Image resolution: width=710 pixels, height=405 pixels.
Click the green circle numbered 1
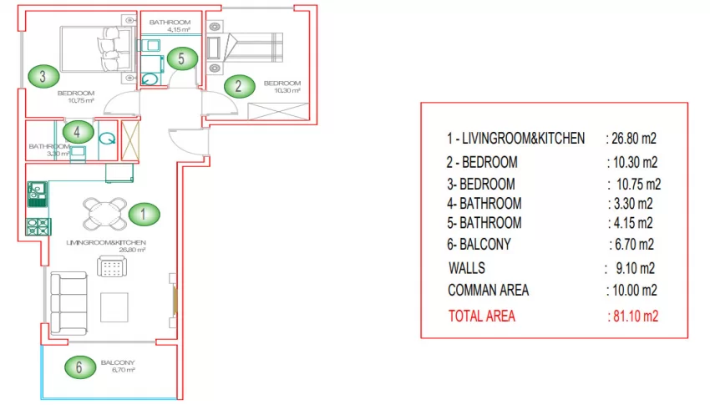pyautogui.click(x=144, y=214)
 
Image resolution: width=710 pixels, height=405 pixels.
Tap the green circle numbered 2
pyautogui.click(x=239, y=86)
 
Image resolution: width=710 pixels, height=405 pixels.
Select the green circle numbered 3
pyautogui.click(x=43, y=76)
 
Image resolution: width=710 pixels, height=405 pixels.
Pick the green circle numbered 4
pyautogui.click(x=78, y=132)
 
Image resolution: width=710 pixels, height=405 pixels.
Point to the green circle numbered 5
pyautogui.click(x=182, y=58)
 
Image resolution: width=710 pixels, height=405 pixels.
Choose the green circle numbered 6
pyautogui.click(x=80, y=367)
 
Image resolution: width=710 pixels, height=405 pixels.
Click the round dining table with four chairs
pyautogui.click(x=105, y=214)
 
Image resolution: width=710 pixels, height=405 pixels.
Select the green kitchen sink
pyautogui.click(x=37, y=194)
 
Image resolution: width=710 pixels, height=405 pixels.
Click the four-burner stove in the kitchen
pyautogui.click(x=38, y=226)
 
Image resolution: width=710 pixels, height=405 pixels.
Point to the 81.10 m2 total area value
pyautogui.click(x=633, y=316)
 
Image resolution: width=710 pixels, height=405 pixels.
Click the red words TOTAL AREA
pyautogui.click(x=482, y=316)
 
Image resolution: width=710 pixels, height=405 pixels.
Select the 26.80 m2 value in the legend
pyautogui.click(x=631, y=139)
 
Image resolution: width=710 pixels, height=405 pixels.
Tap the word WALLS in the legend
pyautogui.click(x=466, y=268)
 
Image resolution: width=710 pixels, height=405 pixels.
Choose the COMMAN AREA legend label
pyautogui.click(x=488, y=290)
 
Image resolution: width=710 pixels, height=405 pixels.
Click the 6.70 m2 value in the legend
pyautogui.click(x=631, y=245)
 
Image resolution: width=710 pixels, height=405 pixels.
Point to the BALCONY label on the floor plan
pyautogui.click(x=118, y=362)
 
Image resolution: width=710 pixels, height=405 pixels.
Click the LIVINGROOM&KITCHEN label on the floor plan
pyautogui.click(x=106, y=242)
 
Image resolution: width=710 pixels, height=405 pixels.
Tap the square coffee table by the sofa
pyautogui.click(x=114, y=307)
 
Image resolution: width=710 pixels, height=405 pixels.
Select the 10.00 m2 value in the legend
pyautogui.click(x=632, y=291)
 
